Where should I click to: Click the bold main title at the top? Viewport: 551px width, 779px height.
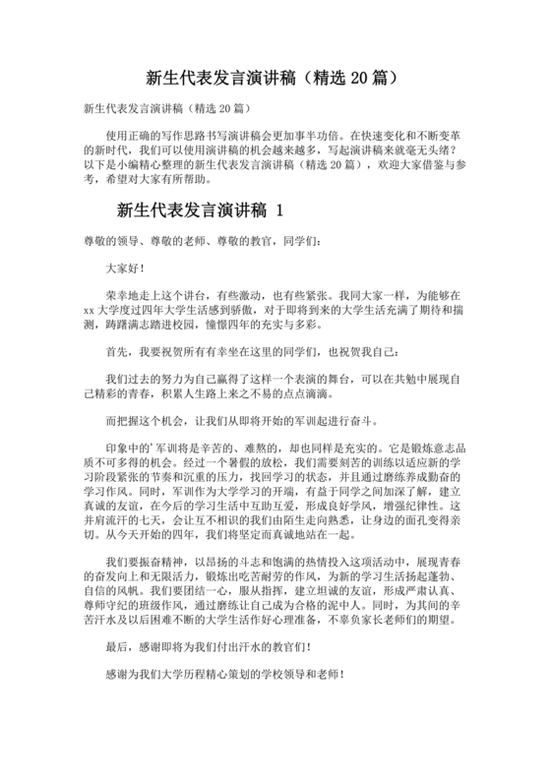pos(275,76)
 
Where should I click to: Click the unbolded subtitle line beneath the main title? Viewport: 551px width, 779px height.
pos(164,106)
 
